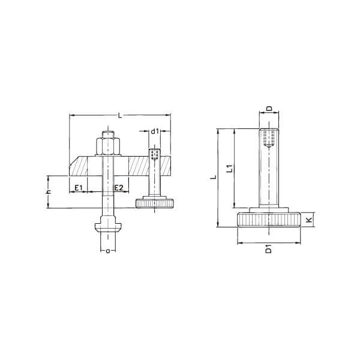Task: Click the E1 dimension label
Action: click(79, 188)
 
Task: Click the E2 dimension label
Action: click(119, 188)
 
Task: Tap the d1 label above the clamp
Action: click(155, 131)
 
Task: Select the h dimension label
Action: click(49, 192)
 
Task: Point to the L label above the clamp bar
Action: click(119, 115)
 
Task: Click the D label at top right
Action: click(269, 108)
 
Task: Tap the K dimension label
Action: click(310, 220)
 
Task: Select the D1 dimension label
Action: click(268, 249)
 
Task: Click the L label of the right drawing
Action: click(214, 177)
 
